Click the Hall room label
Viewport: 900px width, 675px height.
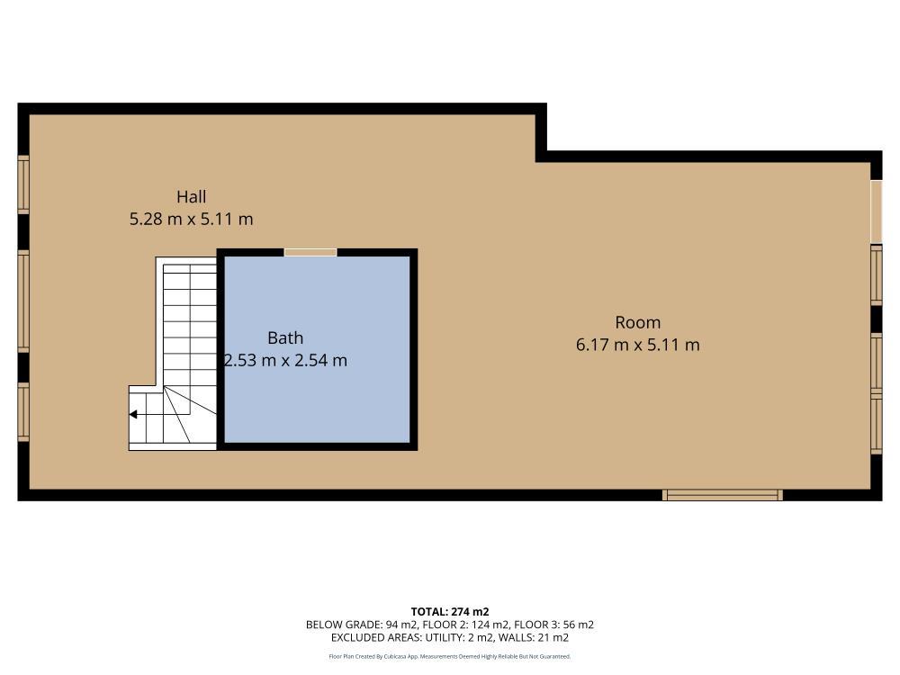coord(191,196)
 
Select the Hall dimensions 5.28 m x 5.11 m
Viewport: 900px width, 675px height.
coord(191,219)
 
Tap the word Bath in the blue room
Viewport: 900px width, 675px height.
coord(285,338)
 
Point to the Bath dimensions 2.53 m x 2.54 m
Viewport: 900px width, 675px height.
coord(285,361)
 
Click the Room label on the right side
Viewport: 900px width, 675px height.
coord(637,322)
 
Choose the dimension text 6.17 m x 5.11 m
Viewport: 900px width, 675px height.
coord(637,345)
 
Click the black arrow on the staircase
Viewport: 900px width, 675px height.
coord(133,415)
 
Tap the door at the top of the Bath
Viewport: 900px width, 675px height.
coord(310,253)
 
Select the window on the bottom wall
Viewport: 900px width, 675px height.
coord(723,495)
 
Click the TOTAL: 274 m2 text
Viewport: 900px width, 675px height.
coord(449,611)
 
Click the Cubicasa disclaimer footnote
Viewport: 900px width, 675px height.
coord(449,657)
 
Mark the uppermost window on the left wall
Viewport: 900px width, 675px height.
coord(23,184)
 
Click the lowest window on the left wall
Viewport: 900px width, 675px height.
coord(23,413)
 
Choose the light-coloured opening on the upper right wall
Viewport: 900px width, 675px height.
coord(876,211)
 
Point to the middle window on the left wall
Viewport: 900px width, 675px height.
coord(23,300)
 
